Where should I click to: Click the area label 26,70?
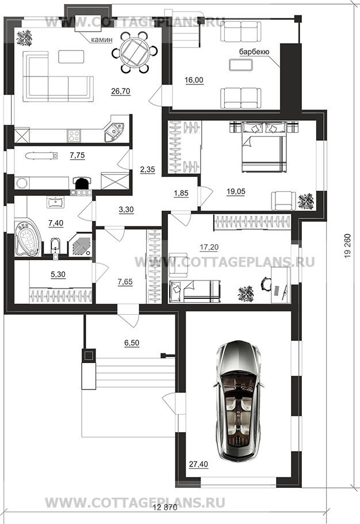(x=121, y=91)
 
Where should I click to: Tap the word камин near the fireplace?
(x=102, y=40)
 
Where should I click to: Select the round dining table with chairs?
(x=135, y=52)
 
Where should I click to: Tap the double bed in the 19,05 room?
(x=264, y=147)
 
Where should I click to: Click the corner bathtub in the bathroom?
(x=28, y=239)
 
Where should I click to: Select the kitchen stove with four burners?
(x=74, y=136)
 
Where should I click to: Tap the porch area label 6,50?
(x=132, y=343)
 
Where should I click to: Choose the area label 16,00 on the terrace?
(x=194, y=80)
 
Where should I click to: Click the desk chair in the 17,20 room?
(x=265, y=284)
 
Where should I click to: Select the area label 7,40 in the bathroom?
(x=56, y=224)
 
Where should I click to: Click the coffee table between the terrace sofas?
(x=241, y=65)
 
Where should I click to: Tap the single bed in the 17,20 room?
(x=194, y=291)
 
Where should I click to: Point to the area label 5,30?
(x=58, y=275)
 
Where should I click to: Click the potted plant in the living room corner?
(x=24, y=38)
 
